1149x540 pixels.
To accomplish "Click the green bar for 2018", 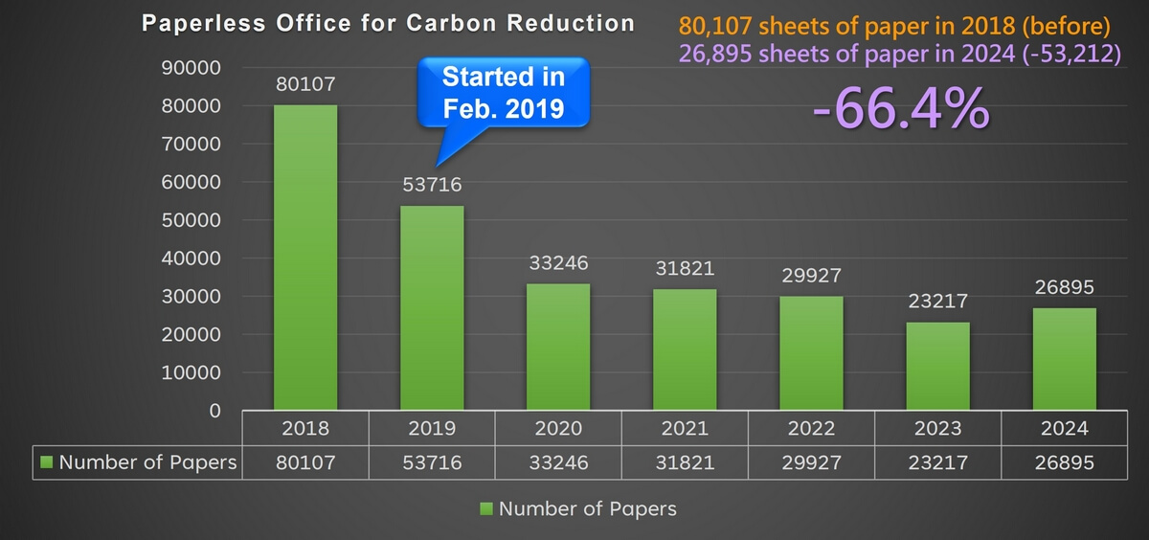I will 305,258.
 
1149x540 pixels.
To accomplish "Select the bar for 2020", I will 558,347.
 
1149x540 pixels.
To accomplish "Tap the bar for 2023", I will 938,366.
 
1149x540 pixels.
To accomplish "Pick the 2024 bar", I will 1065,359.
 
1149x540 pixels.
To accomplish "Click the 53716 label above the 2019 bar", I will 432,184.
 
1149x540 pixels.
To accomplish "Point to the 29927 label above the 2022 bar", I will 811,276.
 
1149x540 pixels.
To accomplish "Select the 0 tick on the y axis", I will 214,411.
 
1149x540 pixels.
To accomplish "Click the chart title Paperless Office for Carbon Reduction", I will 388,23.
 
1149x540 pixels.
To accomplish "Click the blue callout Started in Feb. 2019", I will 503,93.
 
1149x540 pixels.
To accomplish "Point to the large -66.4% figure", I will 900,108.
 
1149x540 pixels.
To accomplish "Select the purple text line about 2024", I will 899,54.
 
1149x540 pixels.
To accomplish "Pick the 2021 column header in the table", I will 685,428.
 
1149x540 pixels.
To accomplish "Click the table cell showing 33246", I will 558,463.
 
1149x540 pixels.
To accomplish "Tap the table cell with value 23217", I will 937,463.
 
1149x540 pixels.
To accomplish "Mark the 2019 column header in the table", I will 432,428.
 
